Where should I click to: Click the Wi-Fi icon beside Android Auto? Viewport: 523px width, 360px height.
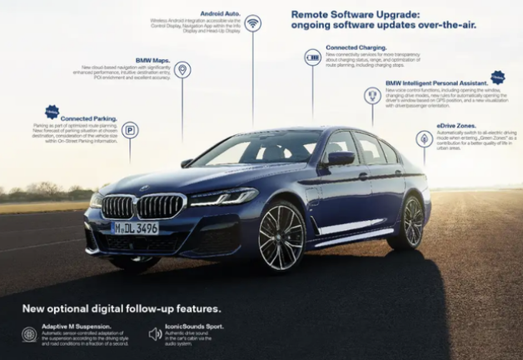(253, 23)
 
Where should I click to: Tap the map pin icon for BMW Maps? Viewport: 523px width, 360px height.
(182, 70)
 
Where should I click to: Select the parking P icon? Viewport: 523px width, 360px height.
(130, 129)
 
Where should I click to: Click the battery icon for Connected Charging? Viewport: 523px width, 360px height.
(312, 57)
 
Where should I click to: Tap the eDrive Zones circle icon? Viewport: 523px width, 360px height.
(424, 138)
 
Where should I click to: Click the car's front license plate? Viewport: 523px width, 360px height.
(135, 227)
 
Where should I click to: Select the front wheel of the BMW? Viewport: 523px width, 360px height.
(281, 236)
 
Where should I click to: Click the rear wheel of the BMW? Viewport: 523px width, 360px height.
(411, 222)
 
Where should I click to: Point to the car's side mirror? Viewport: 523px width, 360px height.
(340, 158)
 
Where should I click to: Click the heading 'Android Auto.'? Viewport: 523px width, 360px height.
(219, 12)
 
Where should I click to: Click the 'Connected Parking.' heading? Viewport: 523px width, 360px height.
(89, 118)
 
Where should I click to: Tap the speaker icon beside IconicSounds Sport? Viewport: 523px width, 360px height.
(155, 334)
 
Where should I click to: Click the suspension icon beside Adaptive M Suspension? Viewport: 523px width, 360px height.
(29, 334)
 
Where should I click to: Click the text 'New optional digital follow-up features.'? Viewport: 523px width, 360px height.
(121, 308)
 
